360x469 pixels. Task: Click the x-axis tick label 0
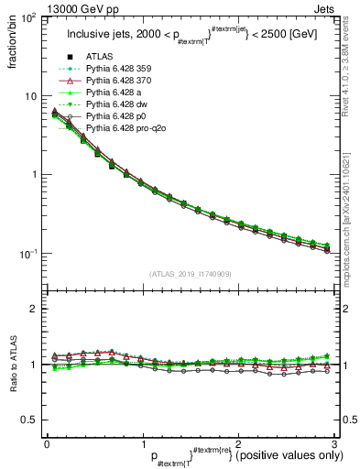(47, 442)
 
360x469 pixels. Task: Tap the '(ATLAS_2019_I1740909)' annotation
(191, 273)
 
